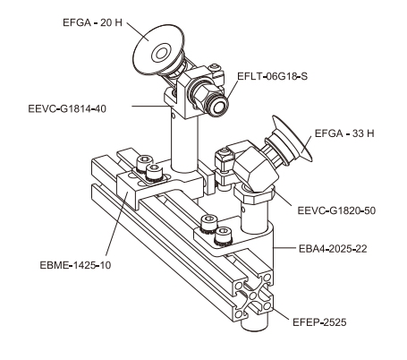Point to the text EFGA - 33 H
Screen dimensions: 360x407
[x=345, y=134]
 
